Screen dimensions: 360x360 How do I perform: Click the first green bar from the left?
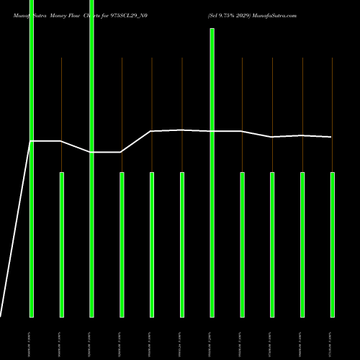[32, 158]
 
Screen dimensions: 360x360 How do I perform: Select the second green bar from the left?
[62, 245]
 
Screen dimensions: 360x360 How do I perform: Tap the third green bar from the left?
[91, 158]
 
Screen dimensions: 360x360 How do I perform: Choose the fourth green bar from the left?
[122, 245]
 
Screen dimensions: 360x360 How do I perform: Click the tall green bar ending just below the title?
[212, 173]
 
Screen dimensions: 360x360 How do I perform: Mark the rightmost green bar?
[333, 245]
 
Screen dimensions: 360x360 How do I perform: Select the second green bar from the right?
[302, 245]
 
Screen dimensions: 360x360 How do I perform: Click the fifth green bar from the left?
[152, 245]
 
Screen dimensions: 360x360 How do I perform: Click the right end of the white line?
[331, 137]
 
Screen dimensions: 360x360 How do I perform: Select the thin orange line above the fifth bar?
[152, 94]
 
